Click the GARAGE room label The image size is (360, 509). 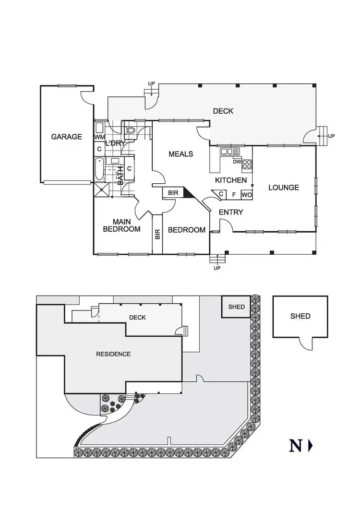(66, 137)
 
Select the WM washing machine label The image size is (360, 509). (99, 137)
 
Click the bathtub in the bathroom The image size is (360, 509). (99, 169)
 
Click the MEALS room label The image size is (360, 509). (180, 154)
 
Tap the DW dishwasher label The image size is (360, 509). (236, 162)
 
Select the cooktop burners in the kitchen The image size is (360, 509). (247, 164)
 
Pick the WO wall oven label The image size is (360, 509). (246, 195)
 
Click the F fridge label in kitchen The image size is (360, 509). (234, 195)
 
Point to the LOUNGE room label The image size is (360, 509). (283, 188)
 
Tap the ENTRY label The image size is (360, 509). (231, 213)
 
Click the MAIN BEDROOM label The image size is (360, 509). (122, 225)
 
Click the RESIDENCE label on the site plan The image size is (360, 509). (113, 355)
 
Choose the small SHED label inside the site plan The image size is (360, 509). (236, 307)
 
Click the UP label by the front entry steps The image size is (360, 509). (216, 268)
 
